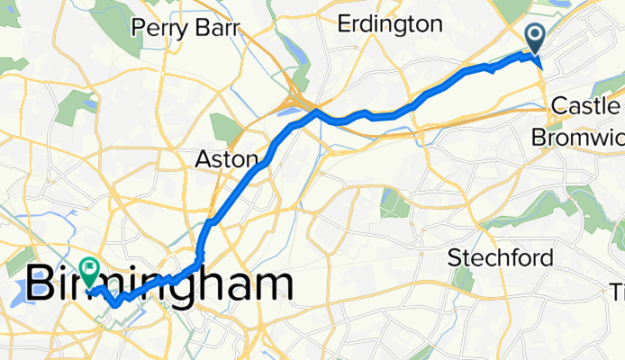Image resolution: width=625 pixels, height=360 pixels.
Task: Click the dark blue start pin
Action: click(x=534, y=38)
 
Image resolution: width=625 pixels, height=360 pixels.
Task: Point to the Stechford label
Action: click(x=501, y=259)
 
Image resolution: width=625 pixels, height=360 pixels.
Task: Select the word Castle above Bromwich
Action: click(x=584, y=106)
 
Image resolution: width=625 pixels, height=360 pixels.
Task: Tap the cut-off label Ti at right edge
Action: click(x=618, y=292)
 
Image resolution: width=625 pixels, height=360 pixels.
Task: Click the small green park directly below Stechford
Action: click(x=465, y=280)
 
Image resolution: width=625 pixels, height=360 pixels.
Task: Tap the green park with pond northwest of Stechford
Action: click(x=394, y=204)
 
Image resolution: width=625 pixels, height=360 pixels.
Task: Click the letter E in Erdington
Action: click(x=343, y=24)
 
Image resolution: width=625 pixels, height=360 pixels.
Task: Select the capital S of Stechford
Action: click(x=455, y=259)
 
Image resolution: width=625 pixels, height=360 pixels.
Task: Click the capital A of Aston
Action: click(x=202, y=159)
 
